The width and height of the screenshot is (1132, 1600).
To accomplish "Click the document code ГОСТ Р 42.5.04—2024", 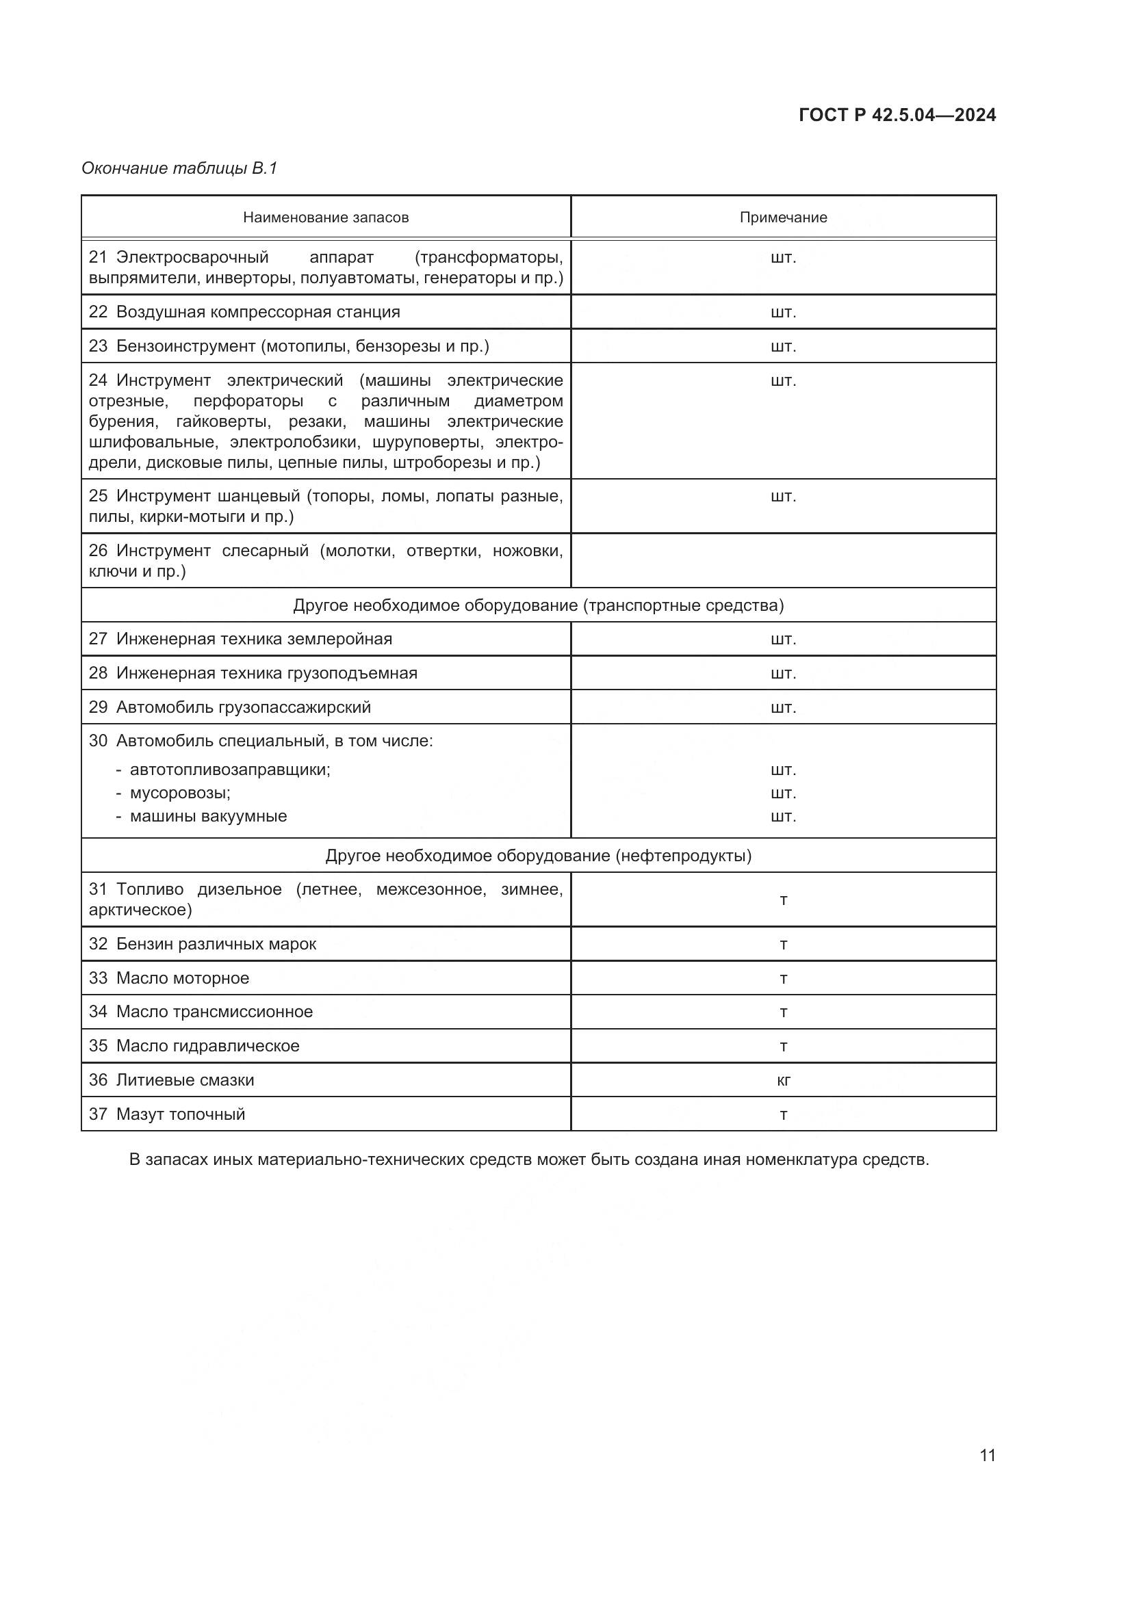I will [x=897, y=115].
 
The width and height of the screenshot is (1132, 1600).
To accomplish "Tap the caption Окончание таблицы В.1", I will [x=179, y=168].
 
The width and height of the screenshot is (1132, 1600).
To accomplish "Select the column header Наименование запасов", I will [x=326, y=218].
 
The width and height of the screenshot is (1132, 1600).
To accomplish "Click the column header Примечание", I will [x=783, y=218].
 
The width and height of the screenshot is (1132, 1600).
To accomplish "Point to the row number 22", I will [x=98, y=311].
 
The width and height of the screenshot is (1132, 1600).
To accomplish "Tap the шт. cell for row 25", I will [x=783, y=496].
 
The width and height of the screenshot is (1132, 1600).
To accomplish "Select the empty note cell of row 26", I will [x=783, y=560].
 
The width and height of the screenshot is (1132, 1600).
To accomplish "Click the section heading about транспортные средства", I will [x=538, y=605].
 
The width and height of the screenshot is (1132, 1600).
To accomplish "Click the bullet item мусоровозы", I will [x=180, y=793].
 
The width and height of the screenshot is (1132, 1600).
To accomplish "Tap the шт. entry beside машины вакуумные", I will [x=783, y=816].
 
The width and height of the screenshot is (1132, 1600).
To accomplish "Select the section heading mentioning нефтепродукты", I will [x=538, y=855].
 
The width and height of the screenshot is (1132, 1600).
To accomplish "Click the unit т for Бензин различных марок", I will [x=783, y=944].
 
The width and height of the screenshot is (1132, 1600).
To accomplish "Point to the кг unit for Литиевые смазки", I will [x=783, y=1080].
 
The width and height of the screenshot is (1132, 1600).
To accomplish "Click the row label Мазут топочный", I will [x=181, y=1114].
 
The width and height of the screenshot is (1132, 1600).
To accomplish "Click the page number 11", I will [x=987, y=1455].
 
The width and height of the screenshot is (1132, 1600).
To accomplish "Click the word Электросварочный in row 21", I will [x=192, y=258].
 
